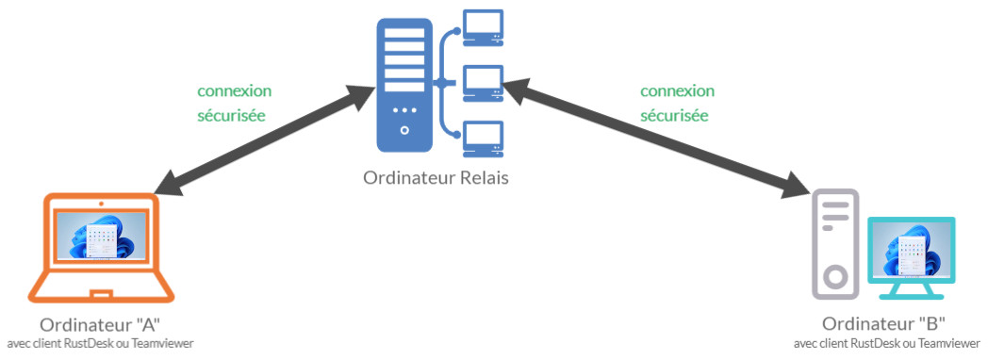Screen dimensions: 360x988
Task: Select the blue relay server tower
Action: point(404,88)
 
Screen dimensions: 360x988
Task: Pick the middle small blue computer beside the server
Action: point(483,83)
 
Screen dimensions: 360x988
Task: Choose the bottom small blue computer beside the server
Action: point(483,139)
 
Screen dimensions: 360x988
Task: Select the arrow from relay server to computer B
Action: point(656,141)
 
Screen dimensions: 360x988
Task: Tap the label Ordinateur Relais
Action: point(435,178)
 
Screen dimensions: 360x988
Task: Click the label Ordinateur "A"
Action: point(100,325)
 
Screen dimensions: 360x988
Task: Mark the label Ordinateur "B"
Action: point(883,325)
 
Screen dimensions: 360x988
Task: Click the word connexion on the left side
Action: point(234,91)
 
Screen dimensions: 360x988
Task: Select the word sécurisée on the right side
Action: point(674,116)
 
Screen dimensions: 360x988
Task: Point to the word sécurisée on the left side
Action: point(230,116)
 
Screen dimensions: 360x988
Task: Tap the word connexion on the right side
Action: point(678,91)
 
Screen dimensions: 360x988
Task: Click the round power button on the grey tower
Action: point(835,277)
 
